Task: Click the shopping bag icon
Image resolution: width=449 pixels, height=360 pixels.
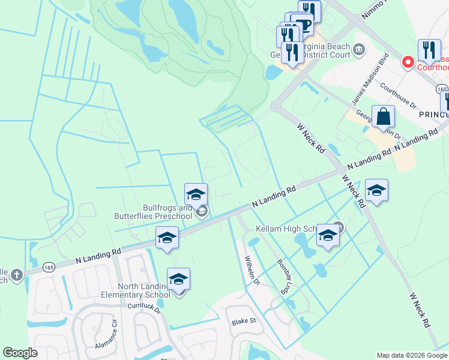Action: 382,118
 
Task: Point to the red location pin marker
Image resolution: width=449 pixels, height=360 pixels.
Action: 408,62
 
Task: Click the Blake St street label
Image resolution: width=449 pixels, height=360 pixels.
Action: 244,321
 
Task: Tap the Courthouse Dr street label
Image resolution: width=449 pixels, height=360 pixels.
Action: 398,94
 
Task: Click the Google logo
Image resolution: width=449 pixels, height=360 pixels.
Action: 20,353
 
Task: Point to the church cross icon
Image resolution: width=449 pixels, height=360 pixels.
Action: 17,275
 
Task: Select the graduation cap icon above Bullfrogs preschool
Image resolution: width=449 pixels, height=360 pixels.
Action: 196,194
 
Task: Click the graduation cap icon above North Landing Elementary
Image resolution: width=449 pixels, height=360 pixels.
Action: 178,279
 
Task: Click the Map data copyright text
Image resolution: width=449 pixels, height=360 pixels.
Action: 411,355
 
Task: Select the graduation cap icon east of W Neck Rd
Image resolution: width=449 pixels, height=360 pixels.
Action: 376,190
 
